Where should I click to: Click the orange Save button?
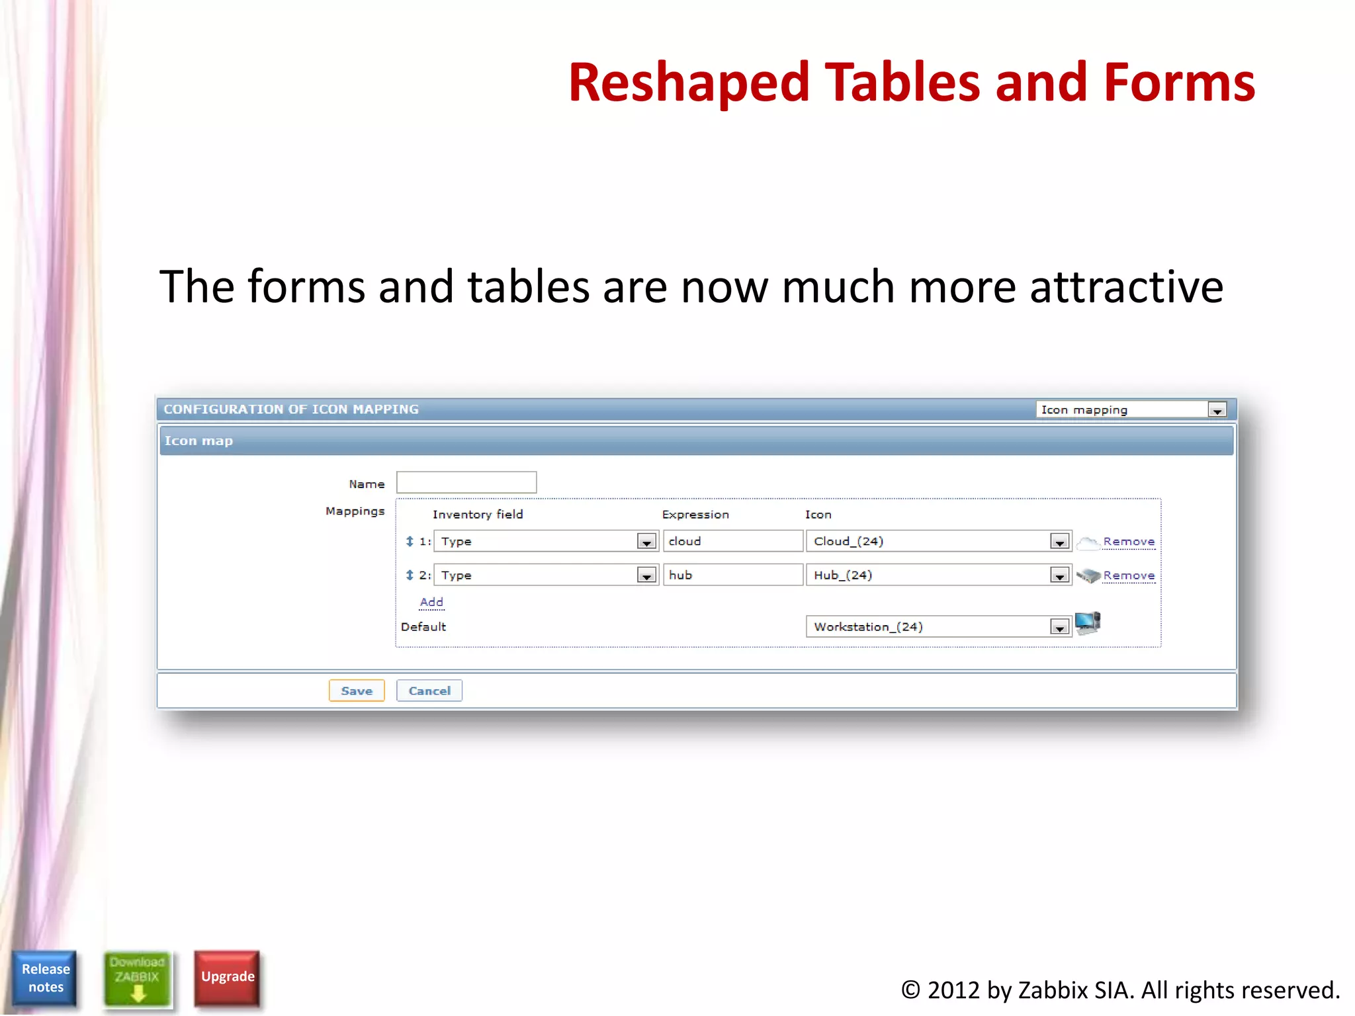(357, 691)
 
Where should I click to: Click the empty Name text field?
(466, 482)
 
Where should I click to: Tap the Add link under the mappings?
(431, 602)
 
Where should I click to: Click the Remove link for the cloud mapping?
(1129, 542)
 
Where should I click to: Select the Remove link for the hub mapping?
(1129, 575)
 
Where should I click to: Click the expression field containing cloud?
(733, 541)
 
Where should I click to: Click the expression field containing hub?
(733, 575)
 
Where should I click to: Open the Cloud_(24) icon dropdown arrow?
(1059, 542)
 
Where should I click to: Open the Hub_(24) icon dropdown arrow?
(1059, 575)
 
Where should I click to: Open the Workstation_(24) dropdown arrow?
(1059, 627)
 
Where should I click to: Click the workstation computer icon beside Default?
(1088, 623)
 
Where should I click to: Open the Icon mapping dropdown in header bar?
(1217, 410)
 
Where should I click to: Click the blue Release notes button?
(45, 978)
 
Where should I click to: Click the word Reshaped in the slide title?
(689, 83)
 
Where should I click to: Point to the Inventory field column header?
(478, 515)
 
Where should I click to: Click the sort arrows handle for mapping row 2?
(410, 575)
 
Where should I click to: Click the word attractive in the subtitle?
(1126, 287)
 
